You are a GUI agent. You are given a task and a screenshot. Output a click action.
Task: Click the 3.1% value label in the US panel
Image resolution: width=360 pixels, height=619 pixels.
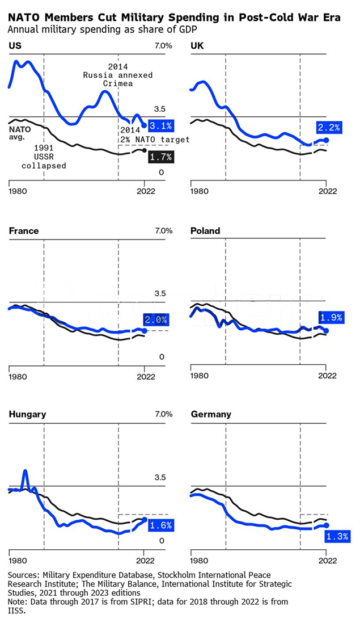point(161,125)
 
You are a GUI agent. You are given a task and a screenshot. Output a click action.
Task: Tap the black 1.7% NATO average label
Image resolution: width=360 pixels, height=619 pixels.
point(161,157)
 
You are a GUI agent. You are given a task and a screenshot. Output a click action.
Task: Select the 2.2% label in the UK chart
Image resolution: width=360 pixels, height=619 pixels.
point(329,128)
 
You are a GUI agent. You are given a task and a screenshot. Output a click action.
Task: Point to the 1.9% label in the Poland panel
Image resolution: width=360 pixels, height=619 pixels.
point(331,318)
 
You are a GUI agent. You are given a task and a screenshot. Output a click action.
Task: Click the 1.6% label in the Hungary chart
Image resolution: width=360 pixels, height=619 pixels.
point(160,525)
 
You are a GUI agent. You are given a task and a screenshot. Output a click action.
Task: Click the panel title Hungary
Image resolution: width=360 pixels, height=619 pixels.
point(27,414)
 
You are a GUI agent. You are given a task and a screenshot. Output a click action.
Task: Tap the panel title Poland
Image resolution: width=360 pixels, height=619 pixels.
point(205,231)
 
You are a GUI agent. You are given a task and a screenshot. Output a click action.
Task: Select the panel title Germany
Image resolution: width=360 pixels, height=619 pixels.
point(211,414)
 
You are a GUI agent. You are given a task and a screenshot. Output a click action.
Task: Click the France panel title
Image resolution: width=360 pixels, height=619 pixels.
point(24,231)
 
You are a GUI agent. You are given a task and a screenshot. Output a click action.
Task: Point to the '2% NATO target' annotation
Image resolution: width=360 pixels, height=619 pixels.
point(154,139)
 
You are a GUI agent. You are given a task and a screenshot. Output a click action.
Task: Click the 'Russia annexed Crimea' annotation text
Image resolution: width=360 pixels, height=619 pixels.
point(118,79)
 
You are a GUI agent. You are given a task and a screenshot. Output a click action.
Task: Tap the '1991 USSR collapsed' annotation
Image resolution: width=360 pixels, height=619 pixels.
point(44,156)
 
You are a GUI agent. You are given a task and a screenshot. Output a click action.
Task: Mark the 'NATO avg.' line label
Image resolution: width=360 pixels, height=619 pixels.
point(20,132)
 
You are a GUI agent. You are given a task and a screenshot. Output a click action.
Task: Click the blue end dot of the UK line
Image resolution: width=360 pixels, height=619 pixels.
point(326,140)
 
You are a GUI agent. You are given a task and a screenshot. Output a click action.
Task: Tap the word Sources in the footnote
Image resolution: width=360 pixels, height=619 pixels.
point(23,575)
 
